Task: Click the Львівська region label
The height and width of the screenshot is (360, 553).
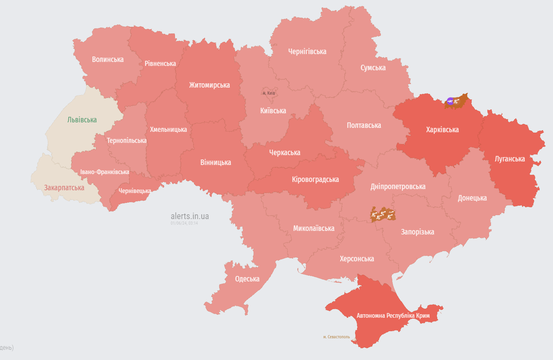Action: (82, 120)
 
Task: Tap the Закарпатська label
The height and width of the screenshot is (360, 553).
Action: (64, 188)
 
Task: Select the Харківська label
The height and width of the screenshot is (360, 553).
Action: (442, 130)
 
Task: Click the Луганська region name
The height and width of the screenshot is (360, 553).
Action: (510, 159)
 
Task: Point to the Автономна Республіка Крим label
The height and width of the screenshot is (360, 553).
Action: (393, 316)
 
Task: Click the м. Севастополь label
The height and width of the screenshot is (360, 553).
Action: (336, 337)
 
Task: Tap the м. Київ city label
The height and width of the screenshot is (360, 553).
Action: (269, 93)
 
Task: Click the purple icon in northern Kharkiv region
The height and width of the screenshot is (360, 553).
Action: (450, 101)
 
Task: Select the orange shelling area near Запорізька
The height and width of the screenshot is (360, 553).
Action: (382, 215)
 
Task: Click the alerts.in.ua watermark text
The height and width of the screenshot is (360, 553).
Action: (190, 216)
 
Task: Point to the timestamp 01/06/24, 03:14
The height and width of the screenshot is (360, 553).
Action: (184, 223)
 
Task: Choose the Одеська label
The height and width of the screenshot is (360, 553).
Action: (247, 279)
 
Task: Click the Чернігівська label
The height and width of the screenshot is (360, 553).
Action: (307, 52)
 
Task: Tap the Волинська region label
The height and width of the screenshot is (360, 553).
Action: (107, 60)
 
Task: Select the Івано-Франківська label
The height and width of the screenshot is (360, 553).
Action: (105, 172)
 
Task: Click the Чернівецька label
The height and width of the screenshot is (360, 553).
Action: (135, 191)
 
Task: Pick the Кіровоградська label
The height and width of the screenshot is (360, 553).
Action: (315, 180)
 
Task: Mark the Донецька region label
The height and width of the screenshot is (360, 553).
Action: (472, 198)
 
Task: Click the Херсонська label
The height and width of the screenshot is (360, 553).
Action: (357, 259)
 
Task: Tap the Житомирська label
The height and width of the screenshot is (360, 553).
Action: (209, 85)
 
